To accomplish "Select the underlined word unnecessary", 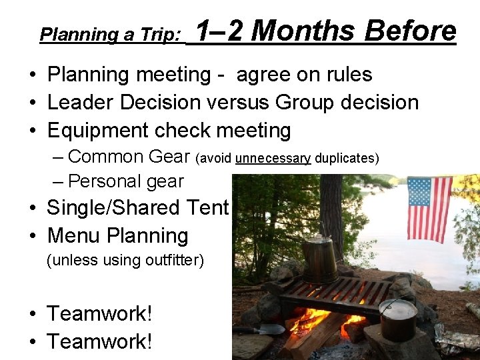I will tap(273, 158).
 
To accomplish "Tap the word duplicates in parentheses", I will tap(346, 158).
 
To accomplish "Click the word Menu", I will tap(74, 235).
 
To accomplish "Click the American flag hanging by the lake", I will tap(429, 208).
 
